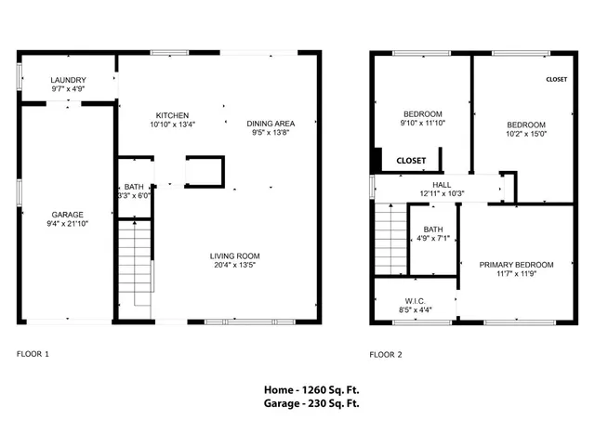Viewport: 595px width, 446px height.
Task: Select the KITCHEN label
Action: click(x=172, y=115)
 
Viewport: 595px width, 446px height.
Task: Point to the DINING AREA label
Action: click(x=271, y=124)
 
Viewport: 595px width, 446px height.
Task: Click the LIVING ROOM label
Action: click(x=233, y=256)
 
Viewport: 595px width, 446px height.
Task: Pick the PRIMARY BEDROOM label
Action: click(x=516, y=265)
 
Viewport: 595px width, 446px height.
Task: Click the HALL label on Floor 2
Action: click(x=429, y=184)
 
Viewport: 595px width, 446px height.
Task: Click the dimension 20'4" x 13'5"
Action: click(x=233, y=265)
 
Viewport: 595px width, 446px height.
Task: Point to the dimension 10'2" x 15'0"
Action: click(x=525, y=133)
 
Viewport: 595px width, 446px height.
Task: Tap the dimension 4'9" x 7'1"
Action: click(x=432, y=238)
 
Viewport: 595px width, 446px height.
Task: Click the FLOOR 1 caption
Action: click(x=33, y=354)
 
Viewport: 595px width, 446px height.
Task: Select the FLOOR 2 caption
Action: click(x=386, y=354)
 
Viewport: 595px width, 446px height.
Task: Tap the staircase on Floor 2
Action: click(x=390, y=240)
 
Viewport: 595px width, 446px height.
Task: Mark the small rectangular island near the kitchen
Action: click(x=205, y=172)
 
